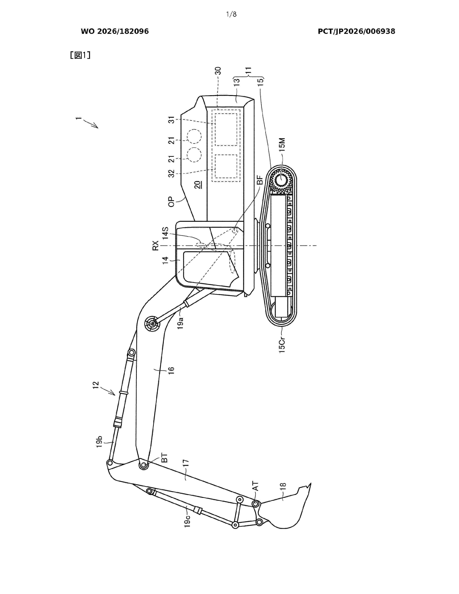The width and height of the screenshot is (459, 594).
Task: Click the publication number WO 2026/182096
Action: [115, 31]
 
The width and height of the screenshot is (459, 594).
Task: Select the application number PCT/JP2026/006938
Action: [356, 31]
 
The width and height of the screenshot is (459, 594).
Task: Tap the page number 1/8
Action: [231, 14]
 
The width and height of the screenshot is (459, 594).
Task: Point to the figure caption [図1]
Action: [80, 55]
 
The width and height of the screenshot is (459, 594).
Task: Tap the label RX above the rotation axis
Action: [155, 245]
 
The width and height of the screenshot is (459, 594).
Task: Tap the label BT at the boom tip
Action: [165, 458]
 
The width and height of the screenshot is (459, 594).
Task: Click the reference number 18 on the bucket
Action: [283, 485]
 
